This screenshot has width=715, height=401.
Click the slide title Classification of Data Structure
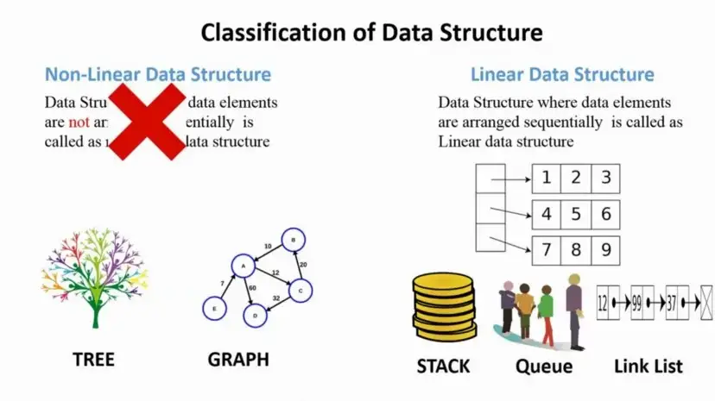[x=371, y=34]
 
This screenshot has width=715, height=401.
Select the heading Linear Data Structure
[x=562, y=75]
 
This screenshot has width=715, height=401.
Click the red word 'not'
[x=55, y=122]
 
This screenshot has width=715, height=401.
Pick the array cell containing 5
[x=576, y=214]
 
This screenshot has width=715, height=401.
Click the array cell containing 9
[x=606, y=250]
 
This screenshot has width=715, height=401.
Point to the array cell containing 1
[x=546, y=179]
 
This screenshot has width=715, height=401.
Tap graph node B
[x=294, y=241]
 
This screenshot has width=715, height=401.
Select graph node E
[x=212, y=306]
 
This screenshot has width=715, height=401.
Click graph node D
[x=254, y=316]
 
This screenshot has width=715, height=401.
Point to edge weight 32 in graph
[x=277, y=298]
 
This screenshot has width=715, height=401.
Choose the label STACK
[x=444, y=367]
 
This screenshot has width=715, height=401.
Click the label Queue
[x=544, y=367]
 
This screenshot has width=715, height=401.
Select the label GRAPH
[x=238, y=359]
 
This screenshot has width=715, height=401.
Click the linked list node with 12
[x=607, y=303]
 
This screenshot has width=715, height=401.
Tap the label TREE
[x=92, y=359]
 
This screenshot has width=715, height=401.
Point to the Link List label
[x=648, y=367]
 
